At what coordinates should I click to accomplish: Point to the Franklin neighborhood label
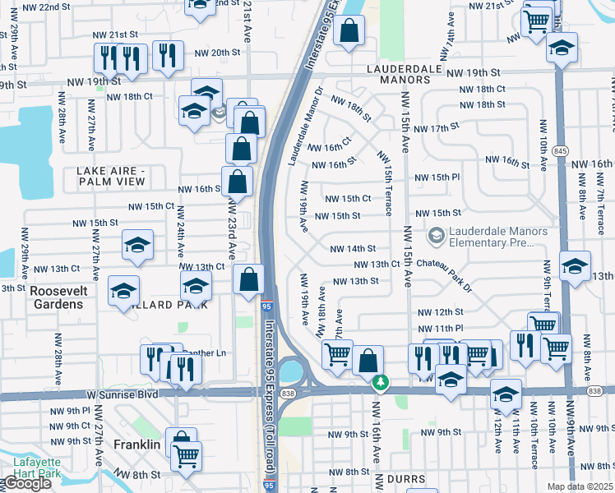click(x=136, y=445)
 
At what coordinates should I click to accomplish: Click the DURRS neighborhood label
click(x=406, y=479)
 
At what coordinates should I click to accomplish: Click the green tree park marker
click(x=380, y=382)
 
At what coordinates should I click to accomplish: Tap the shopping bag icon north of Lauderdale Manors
click(x=349, y=31)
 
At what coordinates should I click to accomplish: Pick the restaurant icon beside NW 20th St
click(x=167, y=55)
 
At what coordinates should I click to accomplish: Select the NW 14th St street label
click(x=353, y=248)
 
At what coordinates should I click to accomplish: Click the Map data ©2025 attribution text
click(x=580, y=486)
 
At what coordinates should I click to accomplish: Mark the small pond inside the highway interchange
click(x=290, y=372)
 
